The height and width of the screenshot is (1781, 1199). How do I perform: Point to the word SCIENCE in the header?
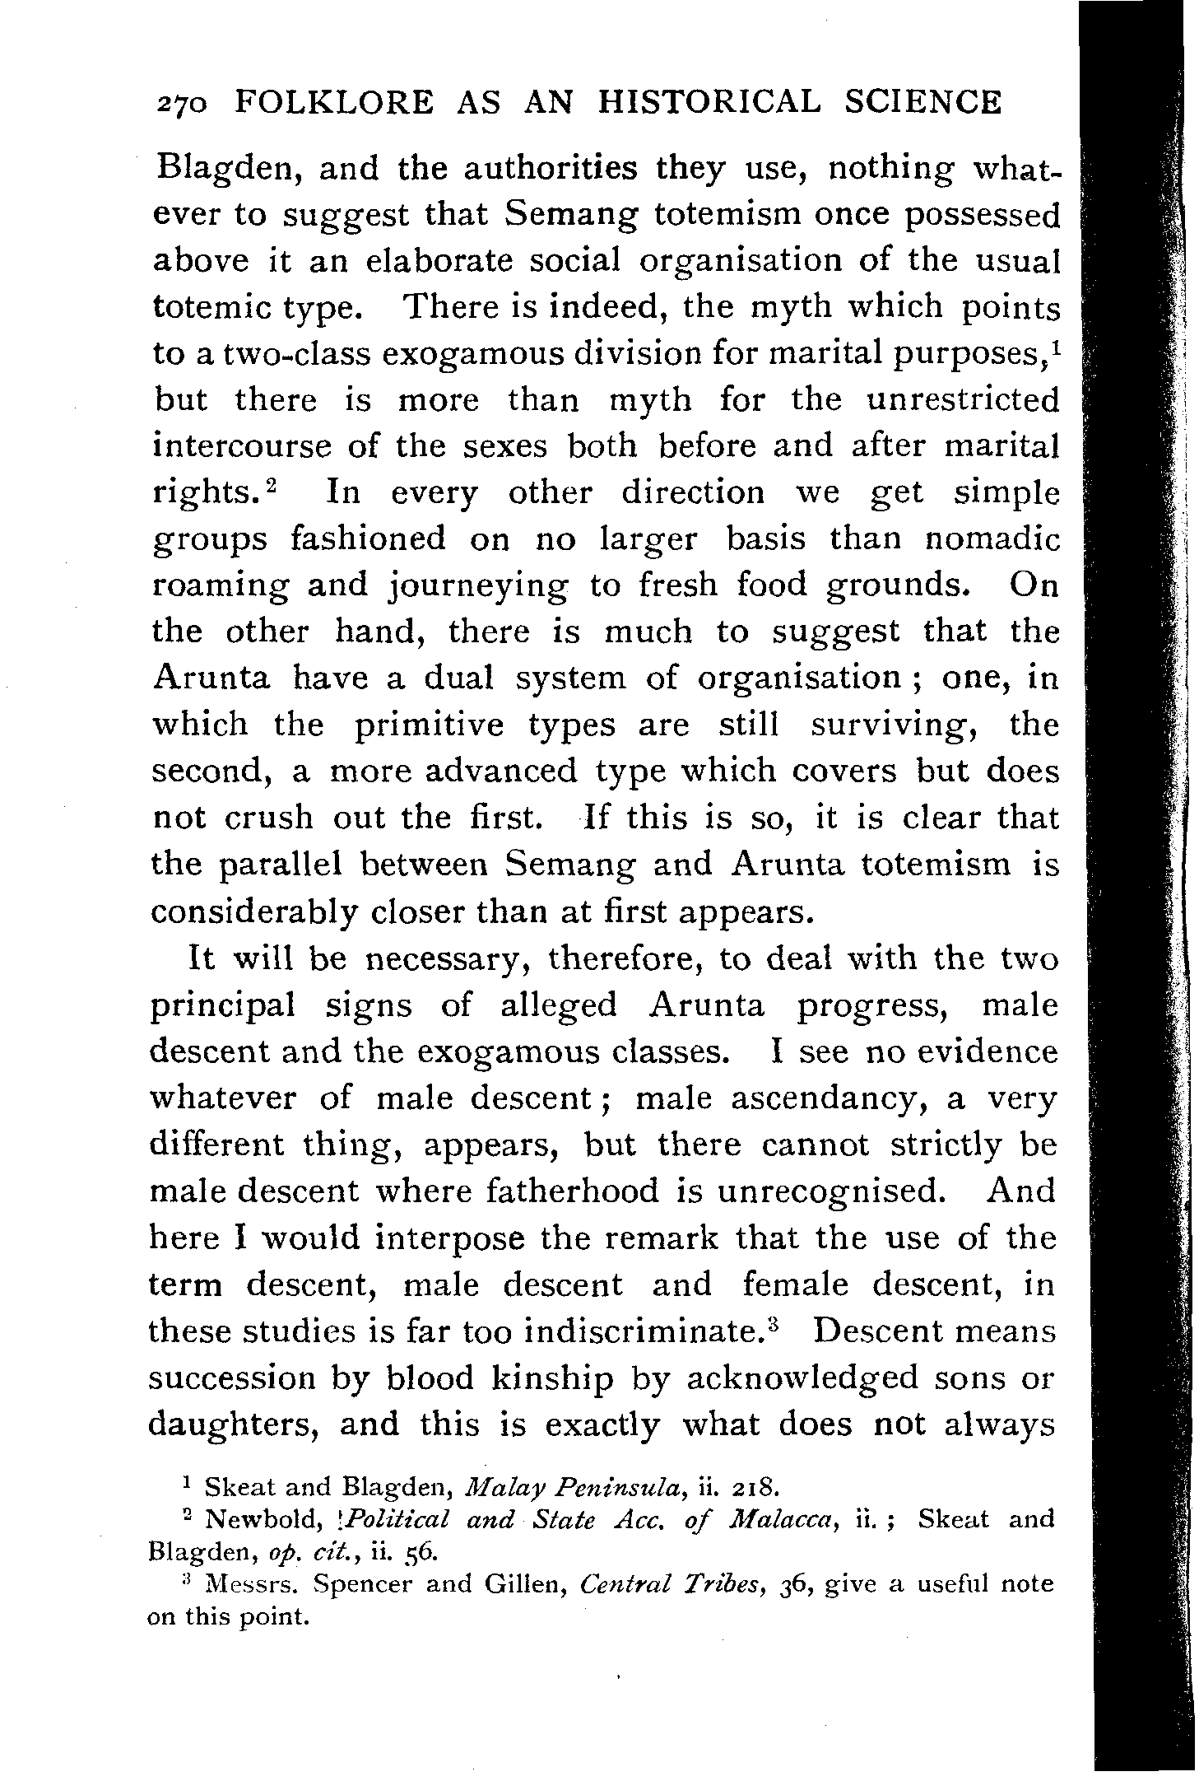click(x=923, y=102)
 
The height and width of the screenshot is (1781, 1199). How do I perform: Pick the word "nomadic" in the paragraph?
click(x=991, y=539)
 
